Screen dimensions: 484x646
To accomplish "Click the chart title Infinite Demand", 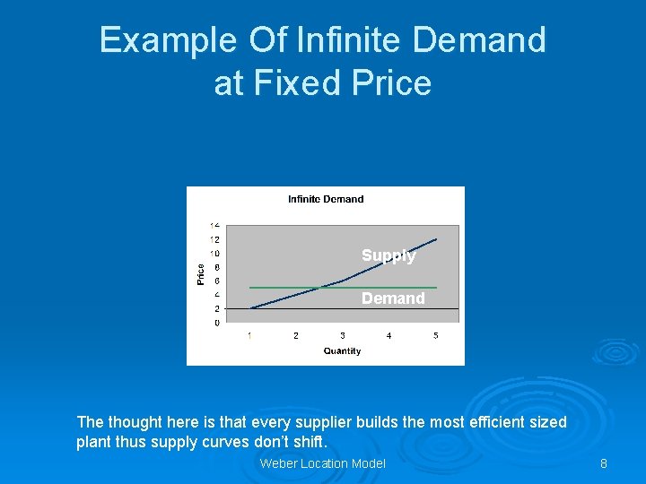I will (326, 199).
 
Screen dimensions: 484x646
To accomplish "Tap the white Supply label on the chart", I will (388, 255).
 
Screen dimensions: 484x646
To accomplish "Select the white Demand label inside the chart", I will (393, 298).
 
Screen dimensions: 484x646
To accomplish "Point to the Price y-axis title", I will (201, 273).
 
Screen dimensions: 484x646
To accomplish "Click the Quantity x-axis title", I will (342, 350).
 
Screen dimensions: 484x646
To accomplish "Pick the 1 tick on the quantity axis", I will (249, 336).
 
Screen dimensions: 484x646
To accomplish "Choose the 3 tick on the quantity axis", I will (343, 336).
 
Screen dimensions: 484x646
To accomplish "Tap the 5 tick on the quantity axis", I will (436, 336).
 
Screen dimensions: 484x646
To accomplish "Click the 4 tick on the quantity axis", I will (389, 336).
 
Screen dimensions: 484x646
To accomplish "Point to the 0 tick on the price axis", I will (215, 323).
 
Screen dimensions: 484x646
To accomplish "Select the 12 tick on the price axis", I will (214, 239).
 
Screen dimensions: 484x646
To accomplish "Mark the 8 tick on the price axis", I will (215, 267).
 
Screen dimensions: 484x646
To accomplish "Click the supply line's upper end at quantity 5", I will (437, 238).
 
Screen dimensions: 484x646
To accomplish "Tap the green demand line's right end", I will (437, 288).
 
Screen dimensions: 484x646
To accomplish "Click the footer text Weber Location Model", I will (322, 463).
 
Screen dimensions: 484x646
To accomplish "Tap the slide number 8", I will (604, 463).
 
